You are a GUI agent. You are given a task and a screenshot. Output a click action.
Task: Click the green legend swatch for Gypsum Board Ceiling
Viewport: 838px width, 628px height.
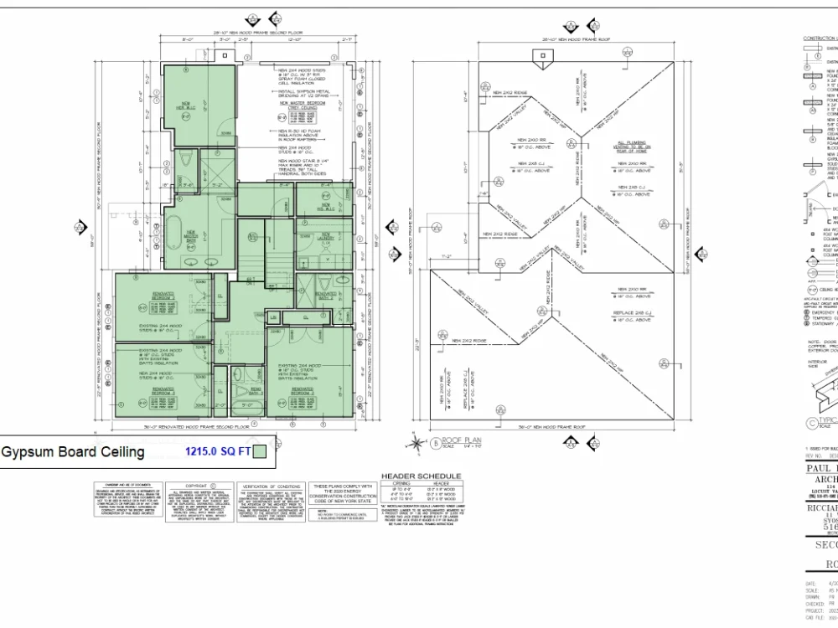(261, 452)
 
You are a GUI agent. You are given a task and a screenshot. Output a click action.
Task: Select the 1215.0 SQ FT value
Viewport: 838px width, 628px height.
(218, 452)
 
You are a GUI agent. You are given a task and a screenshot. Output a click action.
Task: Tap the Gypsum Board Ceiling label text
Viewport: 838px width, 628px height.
(73, 452)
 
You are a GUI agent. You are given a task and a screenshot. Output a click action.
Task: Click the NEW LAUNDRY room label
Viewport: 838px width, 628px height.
(325, 235)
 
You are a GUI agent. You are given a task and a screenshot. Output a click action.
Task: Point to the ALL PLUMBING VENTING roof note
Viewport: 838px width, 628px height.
(634, 146)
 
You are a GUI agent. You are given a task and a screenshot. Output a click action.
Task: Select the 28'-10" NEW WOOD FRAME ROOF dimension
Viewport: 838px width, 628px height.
(548, 39)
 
